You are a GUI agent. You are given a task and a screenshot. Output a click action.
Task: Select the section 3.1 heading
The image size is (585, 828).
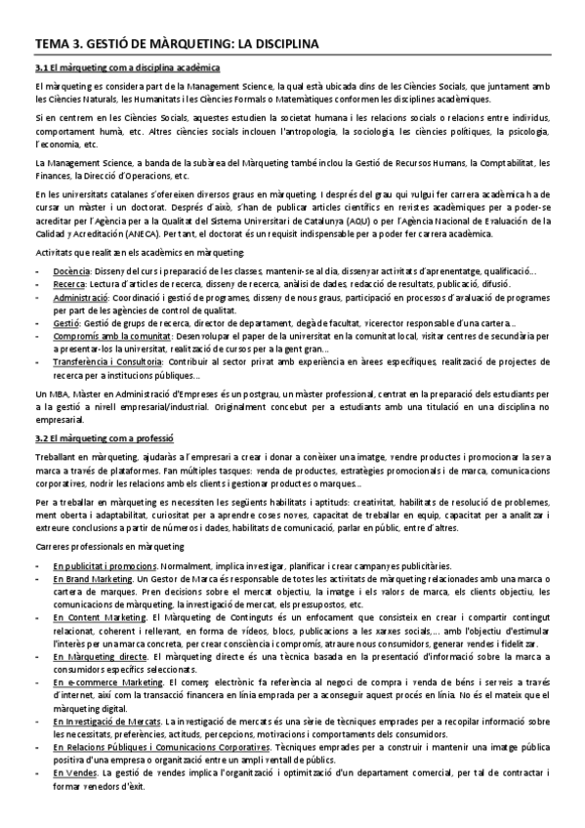point(127,67)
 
